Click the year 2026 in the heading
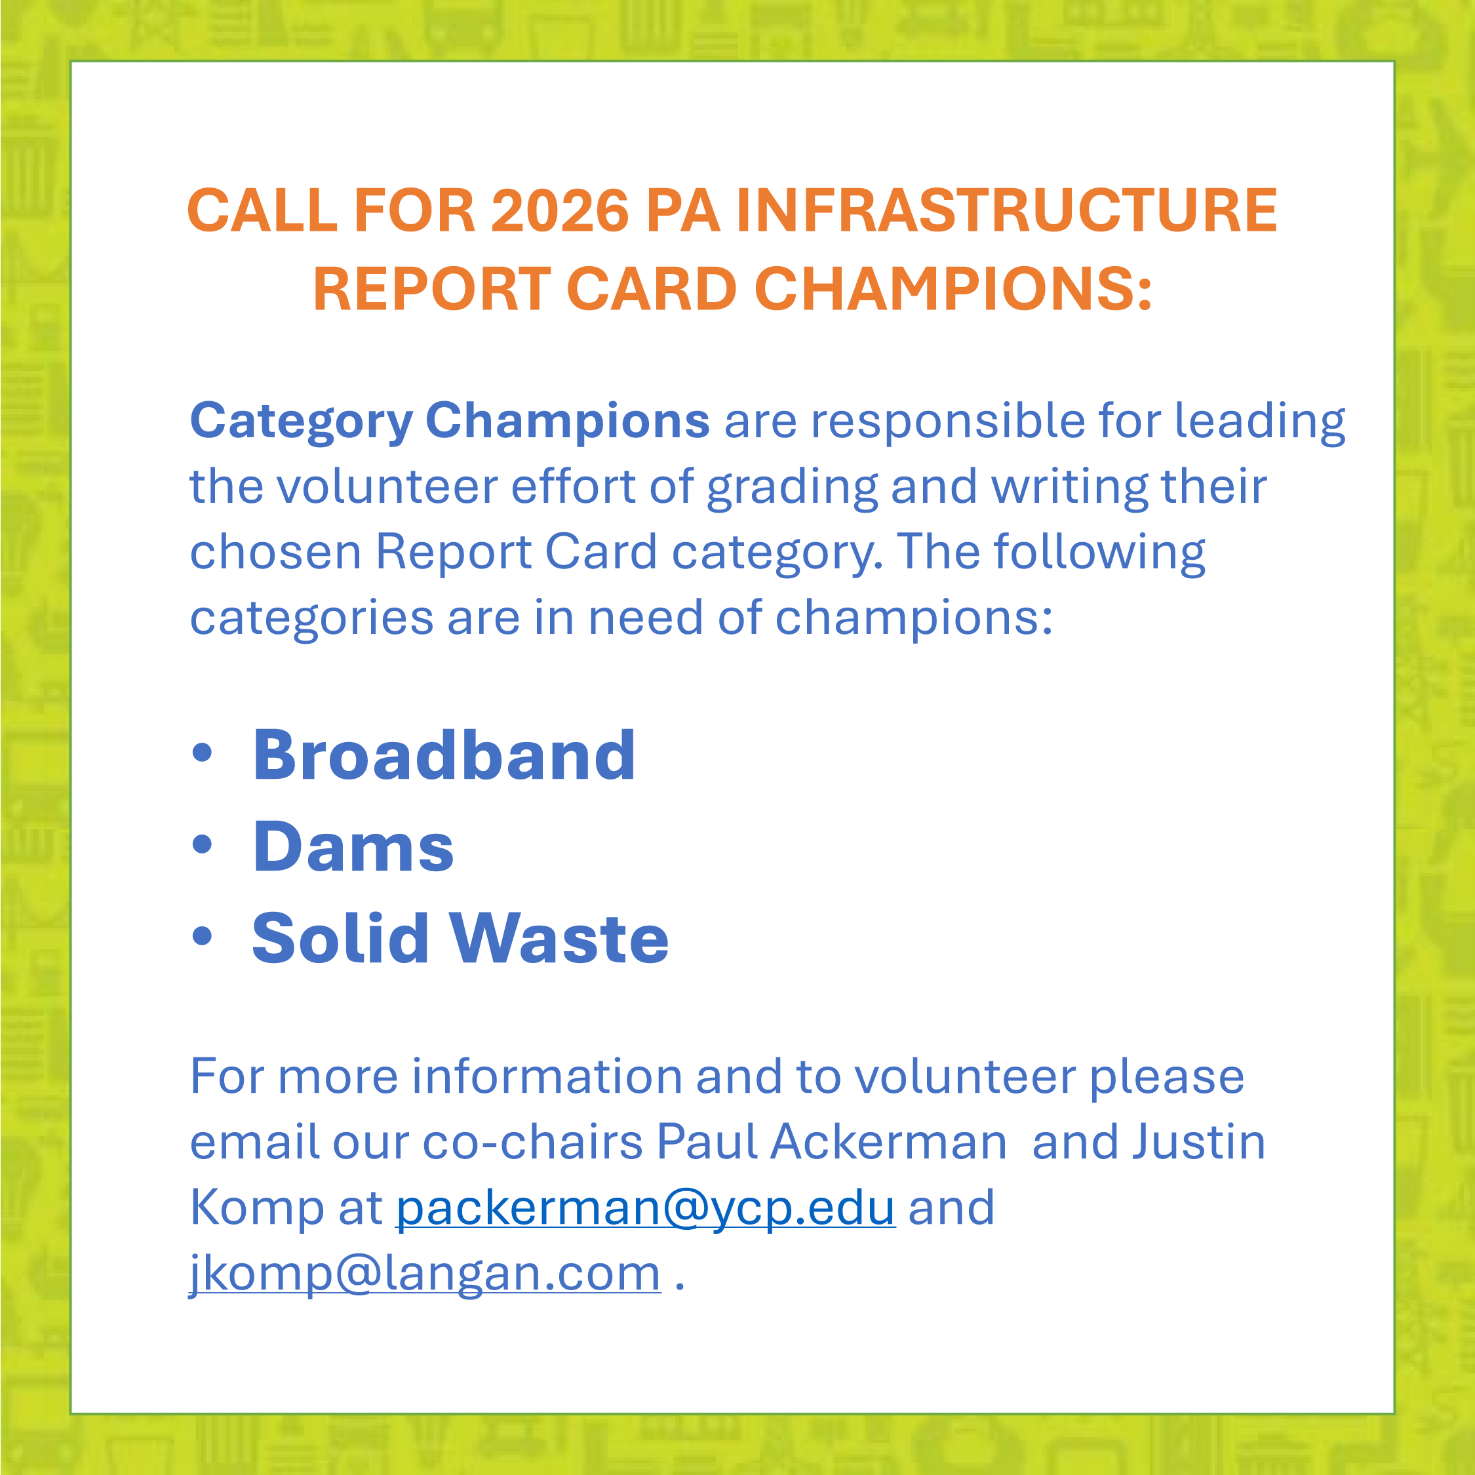[560, 210]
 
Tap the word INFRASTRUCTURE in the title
[1006, 210]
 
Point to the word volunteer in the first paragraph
[386, 486]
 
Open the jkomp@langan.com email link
[425, 1274]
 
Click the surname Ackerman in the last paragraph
[889, 1142]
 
